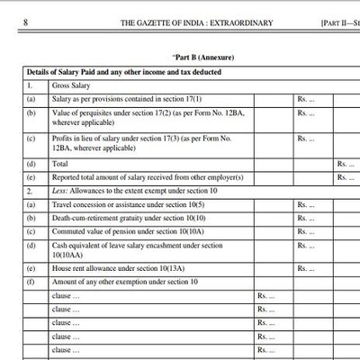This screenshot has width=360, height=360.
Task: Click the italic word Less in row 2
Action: (x=59, y=192)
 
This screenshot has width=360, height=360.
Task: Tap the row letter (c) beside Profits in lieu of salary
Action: (x=31, y=139)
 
